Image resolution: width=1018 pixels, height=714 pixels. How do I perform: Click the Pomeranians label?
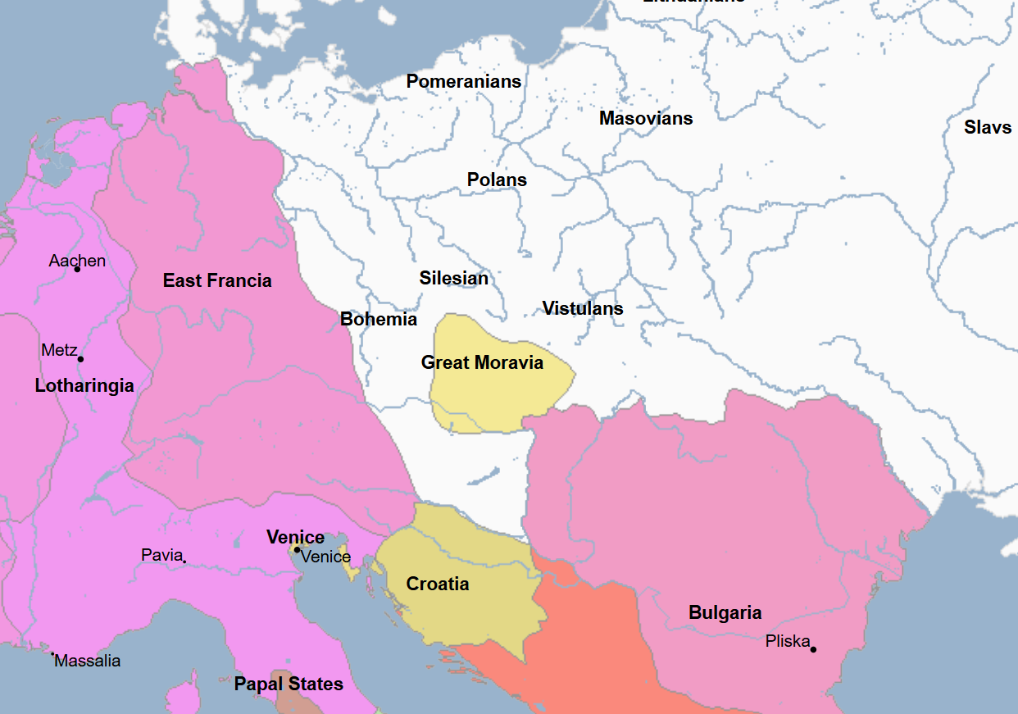pyautogui.click(x=463, y=81)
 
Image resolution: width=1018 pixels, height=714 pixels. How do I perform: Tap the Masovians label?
pyautogui.click(x=645, y=118)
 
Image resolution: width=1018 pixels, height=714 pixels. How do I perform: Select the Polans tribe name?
pyautogui.click(x=497, y=180)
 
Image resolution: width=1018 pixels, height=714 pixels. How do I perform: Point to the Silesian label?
pyautogui.click(x=453, y=278)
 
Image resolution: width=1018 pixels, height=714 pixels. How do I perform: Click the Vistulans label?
pyautogui.click(x=582, y=308)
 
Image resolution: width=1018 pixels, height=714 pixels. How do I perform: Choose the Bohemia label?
pyautogui.click(x=379, y=319)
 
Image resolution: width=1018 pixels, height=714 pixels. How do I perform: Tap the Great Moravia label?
pyautogui.click(x=482, y=362)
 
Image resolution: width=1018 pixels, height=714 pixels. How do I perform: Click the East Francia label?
pyautogui.click(x=217, y=280)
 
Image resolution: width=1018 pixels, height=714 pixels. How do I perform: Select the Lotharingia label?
pyautogui.click(x=84, y=385)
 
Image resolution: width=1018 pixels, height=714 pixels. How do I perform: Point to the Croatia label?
pyautogui.click(x=438, y=584)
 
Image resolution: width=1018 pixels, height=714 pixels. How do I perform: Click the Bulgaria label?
pyautogui.click(x=725, y=612)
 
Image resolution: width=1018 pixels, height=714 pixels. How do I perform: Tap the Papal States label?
pyautogui.click(x=289, y=684)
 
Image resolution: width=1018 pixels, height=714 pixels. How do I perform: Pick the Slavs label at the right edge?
pyautogui.click(x=988, y=127)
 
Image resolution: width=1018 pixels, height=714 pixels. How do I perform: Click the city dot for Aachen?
pyautogui.click(x=77, y=269)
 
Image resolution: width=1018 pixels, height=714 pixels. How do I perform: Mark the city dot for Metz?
pyautogui.click(x=80, y=358)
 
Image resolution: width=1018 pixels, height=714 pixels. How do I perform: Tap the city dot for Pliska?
pyautogui.click(x=813, y=649)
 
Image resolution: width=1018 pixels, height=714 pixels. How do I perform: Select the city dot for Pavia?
pyautogui.click(x=184, y=561)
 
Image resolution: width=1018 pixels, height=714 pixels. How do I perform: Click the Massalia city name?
pyautogui.click(x=87, y=661)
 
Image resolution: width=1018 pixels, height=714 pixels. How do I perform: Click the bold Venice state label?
pyautogui.click(x=295, y=537)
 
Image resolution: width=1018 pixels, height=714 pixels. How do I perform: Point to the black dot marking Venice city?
pyautogui.click(x=297, y=550)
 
